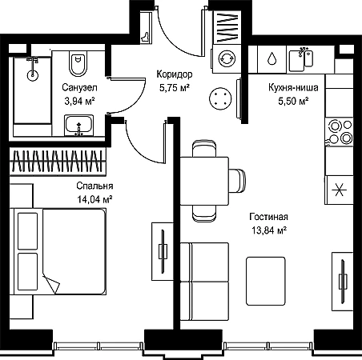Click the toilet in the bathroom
tap(78, 63)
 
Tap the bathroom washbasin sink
tap(78, 126)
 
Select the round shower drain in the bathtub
tap(33, 75)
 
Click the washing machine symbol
tap(227, 58)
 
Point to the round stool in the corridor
tap(220, 98)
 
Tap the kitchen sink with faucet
tap(301, 59)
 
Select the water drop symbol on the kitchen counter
tap(271, 58)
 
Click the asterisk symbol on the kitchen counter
tap(340, 190)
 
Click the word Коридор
tap(175, 74)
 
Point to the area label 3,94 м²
tap(80, 102)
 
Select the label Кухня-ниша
tap(293, 88)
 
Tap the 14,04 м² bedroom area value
tap(95, 199)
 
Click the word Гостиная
tap(269, 217)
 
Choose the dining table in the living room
tap(204, 181)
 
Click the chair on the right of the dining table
tap(237, 181)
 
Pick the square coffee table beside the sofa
tap(266, 281)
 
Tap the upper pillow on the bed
tap(27, 231)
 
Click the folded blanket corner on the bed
tap(51, 284)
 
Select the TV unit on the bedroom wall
tap(163, 251)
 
